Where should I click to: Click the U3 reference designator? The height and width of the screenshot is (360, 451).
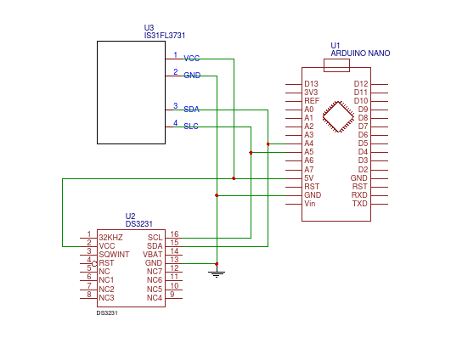click(x=149, y=27)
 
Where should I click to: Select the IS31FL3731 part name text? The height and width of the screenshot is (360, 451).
click(x=165, y=36)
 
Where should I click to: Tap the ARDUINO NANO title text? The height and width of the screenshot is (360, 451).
click(x=360, y=53)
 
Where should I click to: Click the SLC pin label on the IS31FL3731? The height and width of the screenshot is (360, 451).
click(x=191, y=127)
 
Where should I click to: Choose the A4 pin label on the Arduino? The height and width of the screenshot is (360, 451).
click(x=309, y=143)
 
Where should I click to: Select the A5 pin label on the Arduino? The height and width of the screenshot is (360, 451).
click(x=309, y=152)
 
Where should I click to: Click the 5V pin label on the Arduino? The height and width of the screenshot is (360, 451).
click(x=309, y=178)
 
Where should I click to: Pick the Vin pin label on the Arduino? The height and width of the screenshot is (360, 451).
click(x=310, y=204)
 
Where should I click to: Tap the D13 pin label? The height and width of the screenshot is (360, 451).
click(x=312, y=83)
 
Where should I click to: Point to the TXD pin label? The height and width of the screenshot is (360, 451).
click(x=360, y=204)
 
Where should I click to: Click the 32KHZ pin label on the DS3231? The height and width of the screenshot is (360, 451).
click(x=110, y=237)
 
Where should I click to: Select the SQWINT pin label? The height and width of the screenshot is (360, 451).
click(x=113, y=254)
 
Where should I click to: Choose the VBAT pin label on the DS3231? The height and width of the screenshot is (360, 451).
click(x=153, y=254)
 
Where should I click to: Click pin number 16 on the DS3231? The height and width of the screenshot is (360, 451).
click(x=174, y=233)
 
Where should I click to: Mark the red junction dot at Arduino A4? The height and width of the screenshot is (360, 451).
click(x=268, y=144)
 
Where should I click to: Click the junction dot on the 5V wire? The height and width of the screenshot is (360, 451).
click(x=234, y=178)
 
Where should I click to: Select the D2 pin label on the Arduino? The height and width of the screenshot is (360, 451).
click(x=363, y=169)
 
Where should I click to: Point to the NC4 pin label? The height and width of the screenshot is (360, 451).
click(x=154, y=298)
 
